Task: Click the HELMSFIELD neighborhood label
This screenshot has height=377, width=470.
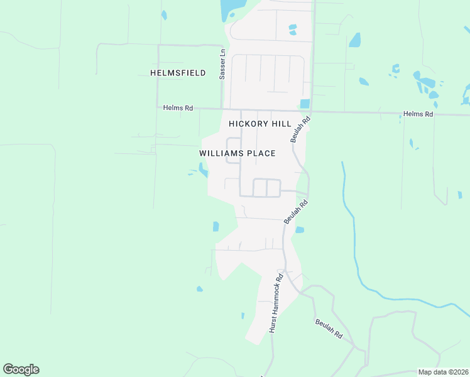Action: click(x=178, y=73)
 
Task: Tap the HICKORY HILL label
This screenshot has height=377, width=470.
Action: click(x=260, y=124)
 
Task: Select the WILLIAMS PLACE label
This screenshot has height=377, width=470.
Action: click(x=238, y=153)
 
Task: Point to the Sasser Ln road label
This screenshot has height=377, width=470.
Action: click(x=222, y=63)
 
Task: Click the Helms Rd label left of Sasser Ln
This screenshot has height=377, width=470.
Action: click(x=178, y=108)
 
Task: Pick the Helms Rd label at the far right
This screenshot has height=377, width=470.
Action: click(x=418, y=114)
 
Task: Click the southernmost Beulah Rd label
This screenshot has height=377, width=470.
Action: click(x=329, y=329)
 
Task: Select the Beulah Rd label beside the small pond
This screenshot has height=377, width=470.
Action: click(x=296, y=211)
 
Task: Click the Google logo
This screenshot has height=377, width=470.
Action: click(x=21, y=369)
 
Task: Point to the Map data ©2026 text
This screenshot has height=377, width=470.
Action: click(x=443, y=372)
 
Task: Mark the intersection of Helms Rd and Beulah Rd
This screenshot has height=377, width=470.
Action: click(x=312, y=112)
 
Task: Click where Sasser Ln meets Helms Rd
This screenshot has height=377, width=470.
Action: click(x=222, y=109)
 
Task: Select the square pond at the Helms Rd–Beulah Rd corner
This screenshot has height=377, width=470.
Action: click(x=305, y=104)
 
